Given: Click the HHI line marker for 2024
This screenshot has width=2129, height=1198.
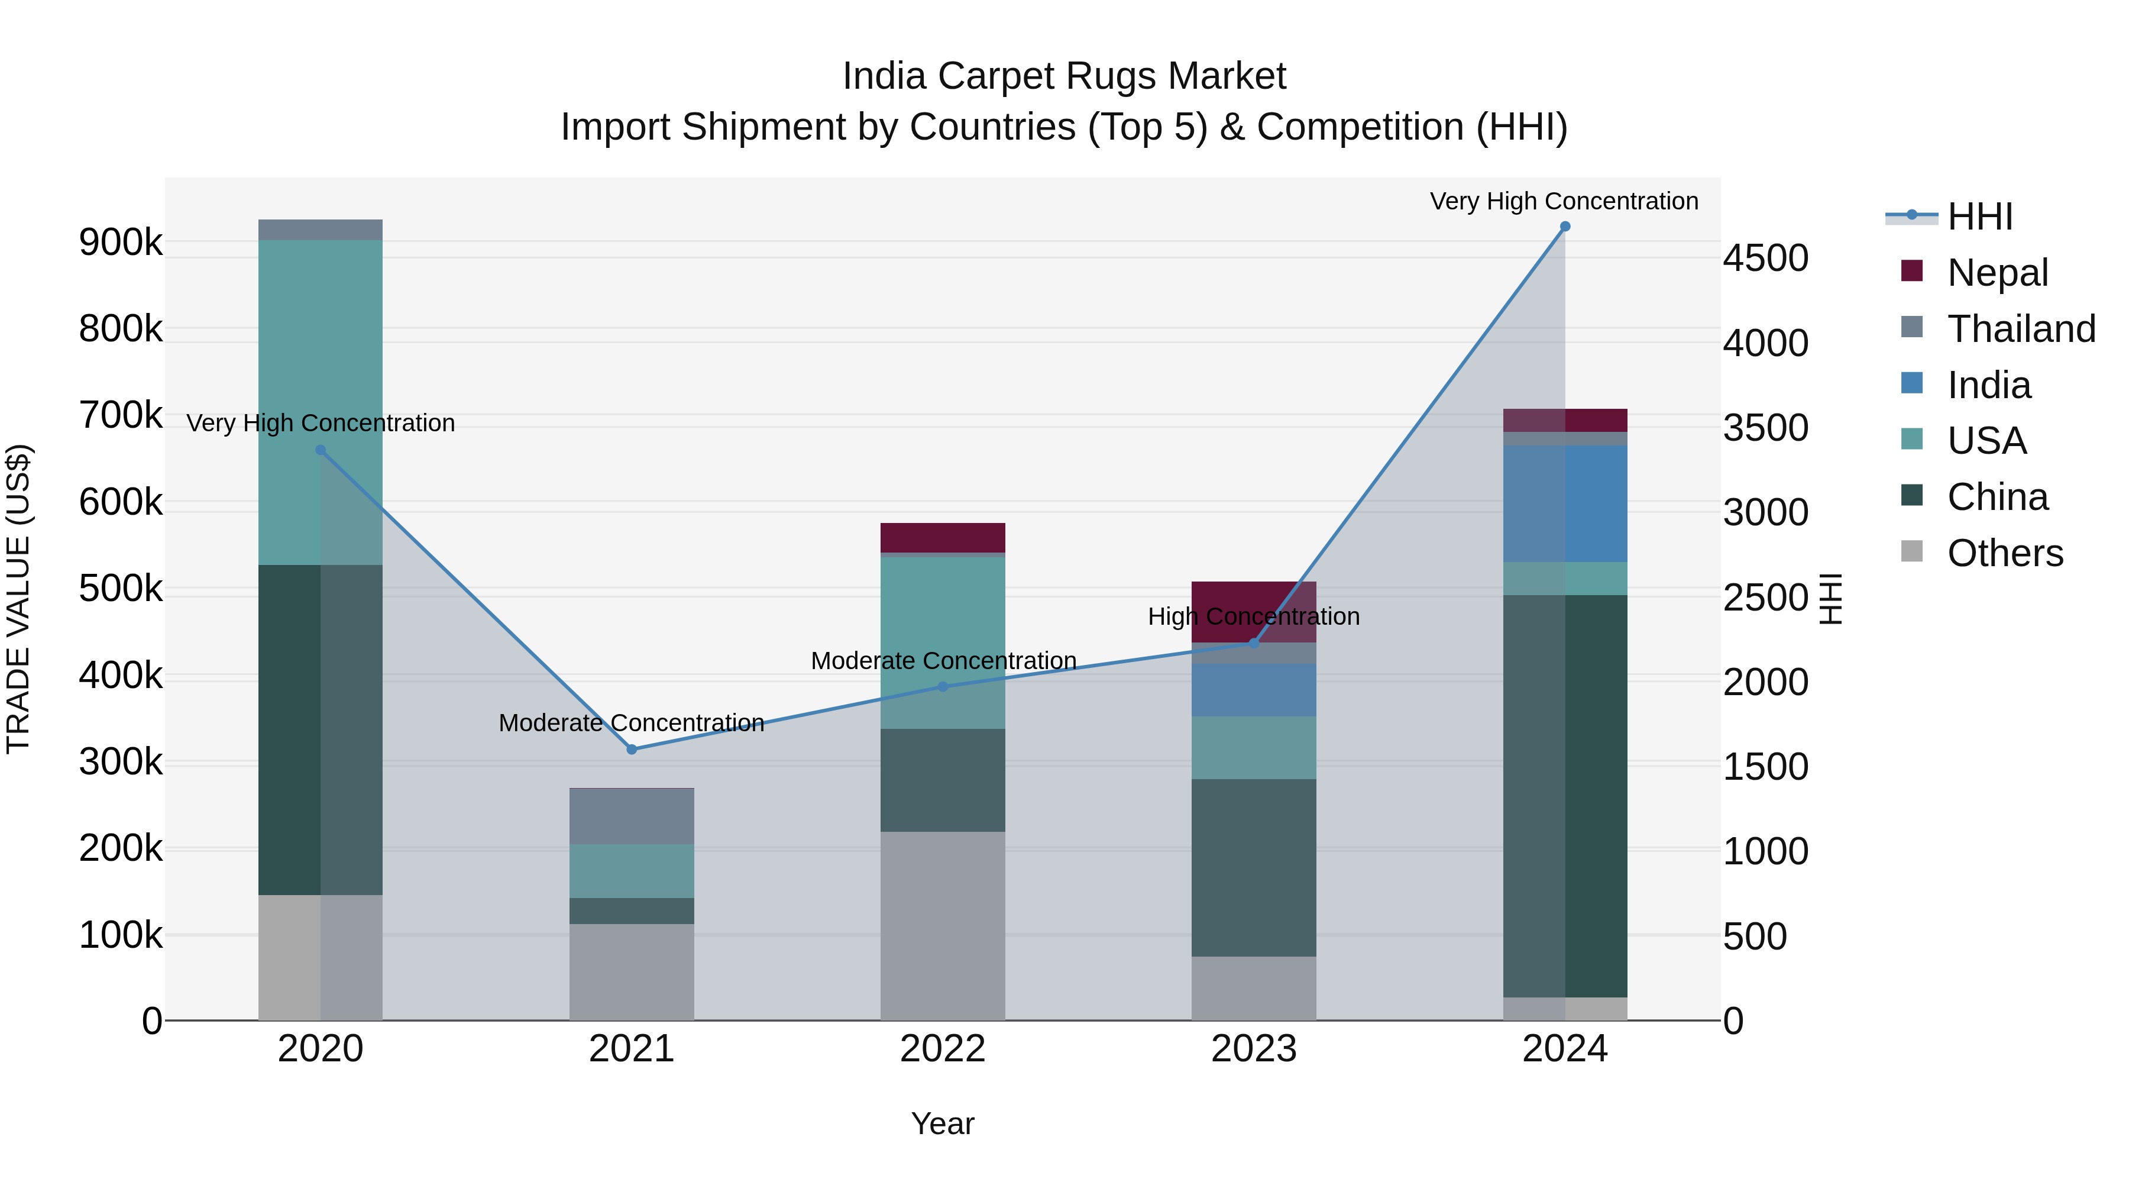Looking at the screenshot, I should click(1564, 227).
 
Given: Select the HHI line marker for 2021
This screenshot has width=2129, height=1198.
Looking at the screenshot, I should click(632, 749).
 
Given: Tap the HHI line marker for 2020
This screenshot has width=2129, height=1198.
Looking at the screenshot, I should click(321, 450).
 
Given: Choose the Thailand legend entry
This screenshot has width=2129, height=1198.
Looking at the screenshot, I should click(2020, 328).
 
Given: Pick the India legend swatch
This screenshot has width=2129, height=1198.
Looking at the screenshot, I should click(1911, 383).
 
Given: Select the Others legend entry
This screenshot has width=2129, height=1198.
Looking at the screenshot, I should click(2004, 553).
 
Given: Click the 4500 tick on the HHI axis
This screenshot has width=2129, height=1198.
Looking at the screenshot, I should click(1765, 258).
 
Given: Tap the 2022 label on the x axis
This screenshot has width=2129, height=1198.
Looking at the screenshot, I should click(942, 1048).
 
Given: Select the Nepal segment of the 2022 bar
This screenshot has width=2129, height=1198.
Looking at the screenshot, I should click(942, 537).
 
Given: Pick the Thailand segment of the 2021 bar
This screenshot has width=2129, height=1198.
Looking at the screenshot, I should click(632, 816).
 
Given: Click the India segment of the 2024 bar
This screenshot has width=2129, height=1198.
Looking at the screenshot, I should click(1564, 503).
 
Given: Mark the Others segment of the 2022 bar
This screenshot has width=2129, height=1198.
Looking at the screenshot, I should click(942, 925).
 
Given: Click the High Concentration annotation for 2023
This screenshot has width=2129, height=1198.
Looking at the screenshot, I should click(1253, 617).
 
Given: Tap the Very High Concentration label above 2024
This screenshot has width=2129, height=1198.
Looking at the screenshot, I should click(1564, 201).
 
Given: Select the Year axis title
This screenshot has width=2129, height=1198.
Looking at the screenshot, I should click(942, 1123).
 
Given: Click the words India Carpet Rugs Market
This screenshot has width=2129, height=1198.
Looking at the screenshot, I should click(1064, 76).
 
